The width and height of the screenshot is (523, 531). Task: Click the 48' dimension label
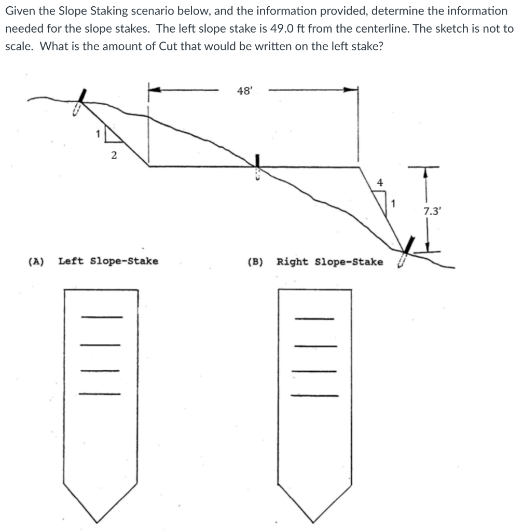[x=244, y=91]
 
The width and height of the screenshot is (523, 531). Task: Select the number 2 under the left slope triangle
[x=114, y=154]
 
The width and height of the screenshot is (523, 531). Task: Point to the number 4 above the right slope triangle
[x=380, y=183]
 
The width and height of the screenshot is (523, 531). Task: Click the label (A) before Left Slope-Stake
[x=36, y=261]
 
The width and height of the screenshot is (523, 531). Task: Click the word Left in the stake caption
[x=72, y=261]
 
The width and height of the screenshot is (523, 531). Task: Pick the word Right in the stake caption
[x=294, y=261]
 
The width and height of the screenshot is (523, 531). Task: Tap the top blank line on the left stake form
[x=102, y=317]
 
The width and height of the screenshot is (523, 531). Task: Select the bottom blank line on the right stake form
[x=314, y=396]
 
